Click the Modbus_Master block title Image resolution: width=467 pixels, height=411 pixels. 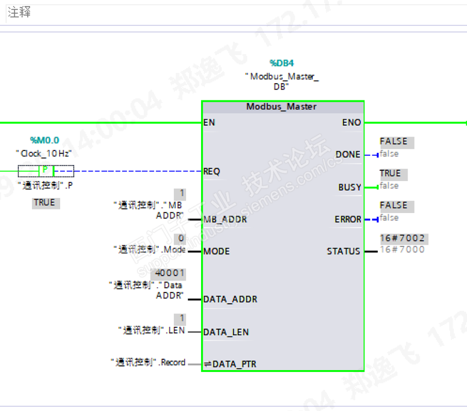coord(282,107)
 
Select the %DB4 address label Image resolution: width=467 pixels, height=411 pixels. coord(282,63)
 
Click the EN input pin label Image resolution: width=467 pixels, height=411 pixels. coord(209,122)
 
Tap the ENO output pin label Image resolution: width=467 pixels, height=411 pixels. coord(351,122)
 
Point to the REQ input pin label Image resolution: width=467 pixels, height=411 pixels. coord(212,171)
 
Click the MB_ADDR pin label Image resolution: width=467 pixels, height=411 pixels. coord(225,219)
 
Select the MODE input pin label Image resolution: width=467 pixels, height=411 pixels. coord(217,251)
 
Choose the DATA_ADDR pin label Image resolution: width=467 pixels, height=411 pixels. coord(230,299)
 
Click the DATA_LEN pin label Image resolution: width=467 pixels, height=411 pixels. coord(226,332)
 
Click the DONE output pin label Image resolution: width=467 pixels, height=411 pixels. coord(348,155)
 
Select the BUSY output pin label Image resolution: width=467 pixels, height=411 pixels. coord(350,187)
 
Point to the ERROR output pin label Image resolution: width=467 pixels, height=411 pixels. coord(348,219)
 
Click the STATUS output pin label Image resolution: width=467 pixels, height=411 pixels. coord(344,251)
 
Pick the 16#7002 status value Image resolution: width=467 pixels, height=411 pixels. coord(402,238)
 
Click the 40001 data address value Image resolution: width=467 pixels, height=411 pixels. coord(170,273)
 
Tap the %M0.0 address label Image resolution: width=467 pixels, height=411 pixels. coord(45,140)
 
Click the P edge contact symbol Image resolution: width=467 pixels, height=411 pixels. coord(46,170)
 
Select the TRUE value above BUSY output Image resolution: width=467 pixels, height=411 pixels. coord(390,173)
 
